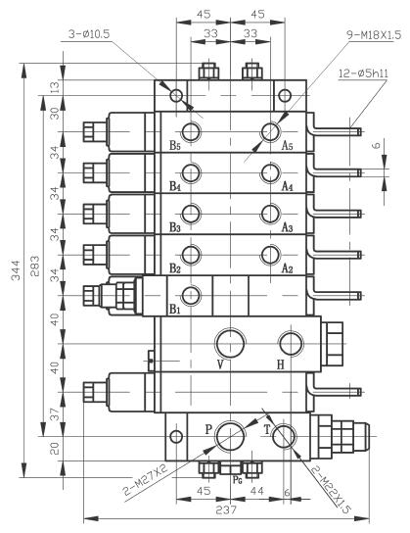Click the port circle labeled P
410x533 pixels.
coord(232,434)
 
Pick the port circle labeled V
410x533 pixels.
coord(232,342)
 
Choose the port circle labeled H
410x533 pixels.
coord(290,343)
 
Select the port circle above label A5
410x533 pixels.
coord(269,132)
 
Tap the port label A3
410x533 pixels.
coord(287,227)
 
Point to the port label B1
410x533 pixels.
coord(175,310)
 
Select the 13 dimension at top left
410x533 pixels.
coord(56,88)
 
